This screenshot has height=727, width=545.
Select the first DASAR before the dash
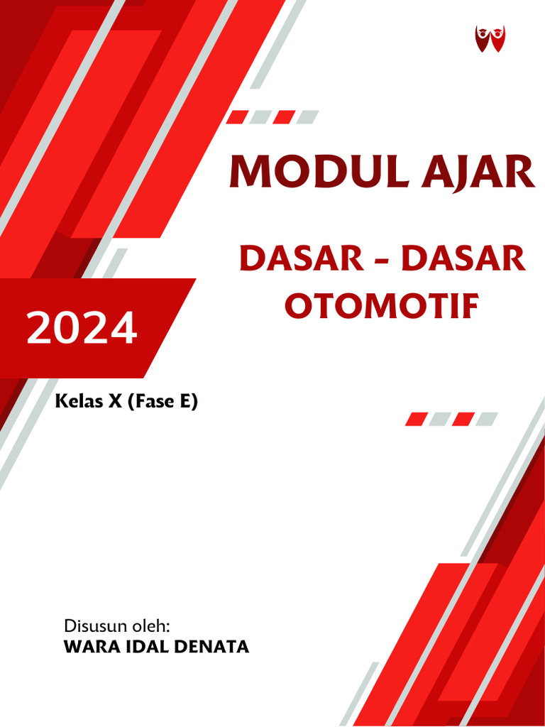(301, 260)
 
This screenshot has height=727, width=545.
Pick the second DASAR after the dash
(463, 260)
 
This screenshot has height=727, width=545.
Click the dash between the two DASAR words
(382, 261)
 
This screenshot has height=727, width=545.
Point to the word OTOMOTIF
(381, 306)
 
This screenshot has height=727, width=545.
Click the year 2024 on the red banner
(82, 328)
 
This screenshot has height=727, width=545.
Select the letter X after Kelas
(116, 402)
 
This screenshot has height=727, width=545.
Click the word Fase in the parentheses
(158, 402)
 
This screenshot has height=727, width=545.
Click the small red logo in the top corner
(490, 38)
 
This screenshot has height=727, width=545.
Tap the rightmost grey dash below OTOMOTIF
(487, 419)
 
